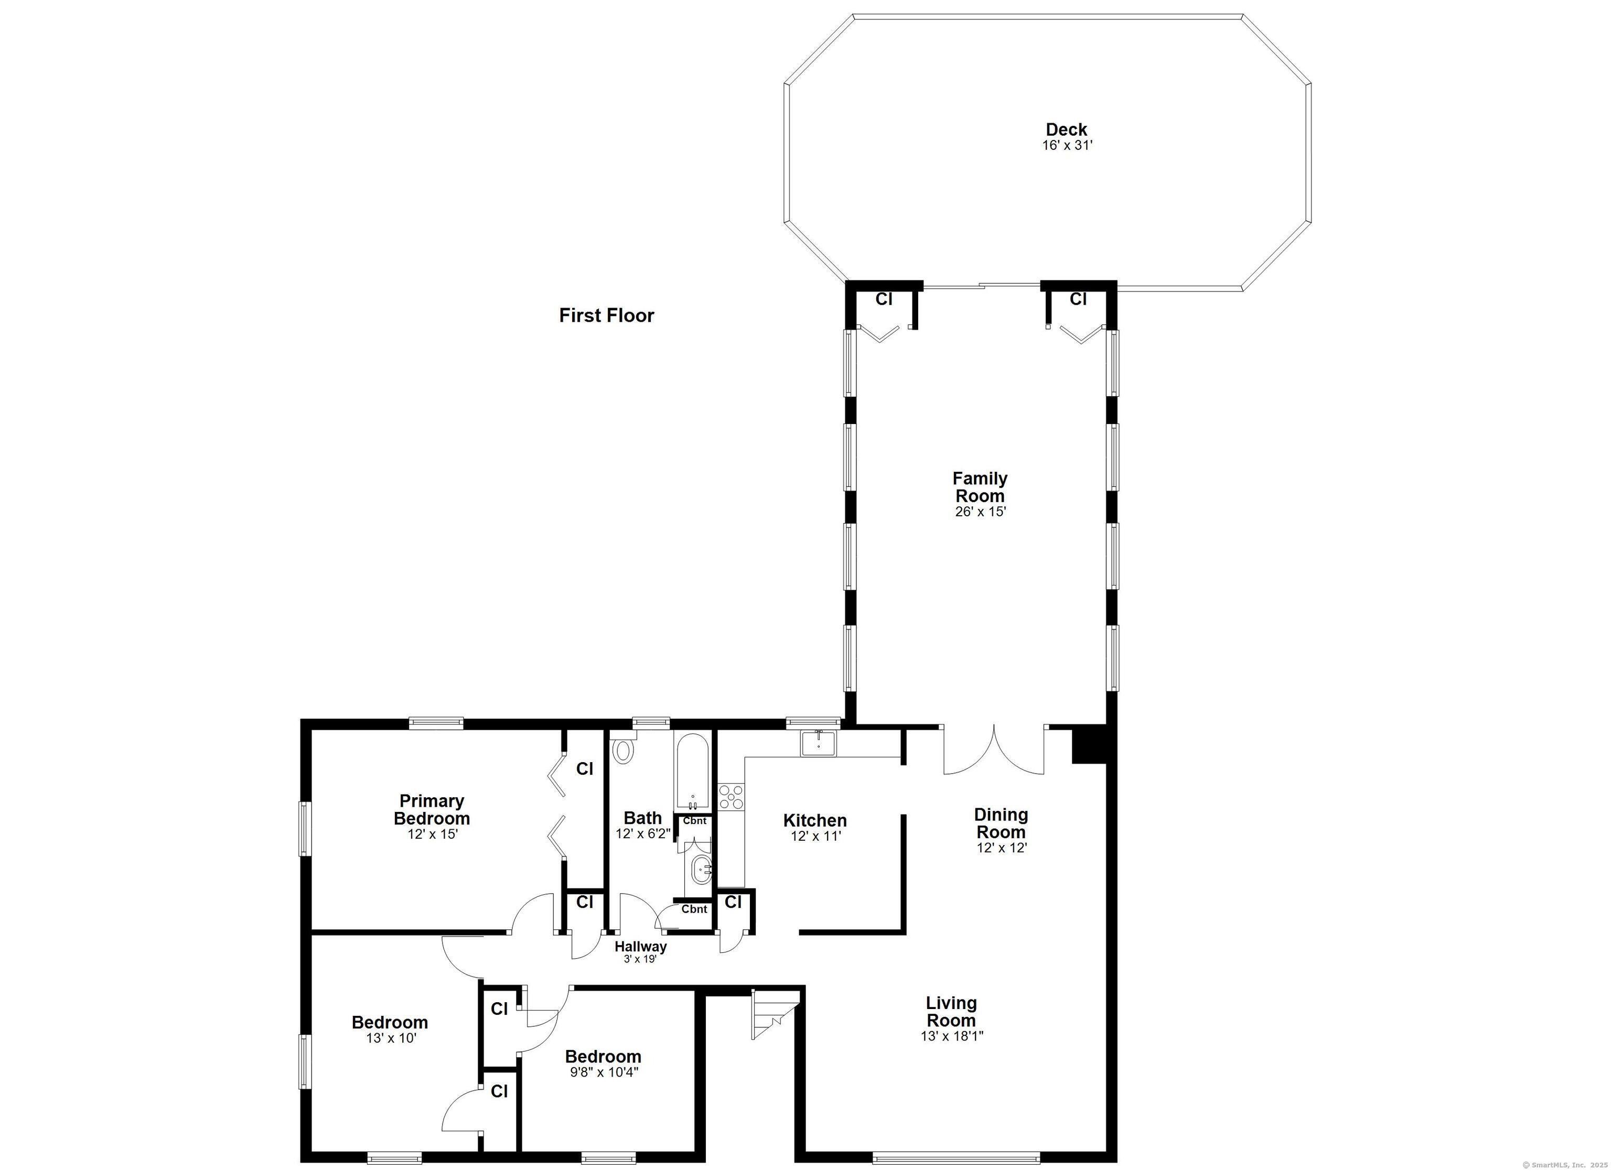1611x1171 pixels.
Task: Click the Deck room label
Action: (x=1066, y=129)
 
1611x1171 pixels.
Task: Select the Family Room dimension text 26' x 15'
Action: (x=980, y=511)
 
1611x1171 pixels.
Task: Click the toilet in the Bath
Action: (x=623, y=749)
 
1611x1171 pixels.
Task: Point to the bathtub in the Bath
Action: (x=692, y=773)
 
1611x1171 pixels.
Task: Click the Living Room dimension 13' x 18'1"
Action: (x=952, y=1035)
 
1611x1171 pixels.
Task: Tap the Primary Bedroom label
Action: (x=432, y=809)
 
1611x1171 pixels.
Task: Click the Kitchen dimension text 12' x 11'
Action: (x=816, y=837)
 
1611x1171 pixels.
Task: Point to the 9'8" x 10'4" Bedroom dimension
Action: (x=603, y=1072)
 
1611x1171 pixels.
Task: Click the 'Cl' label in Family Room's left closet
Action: (x=884, y=299)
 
